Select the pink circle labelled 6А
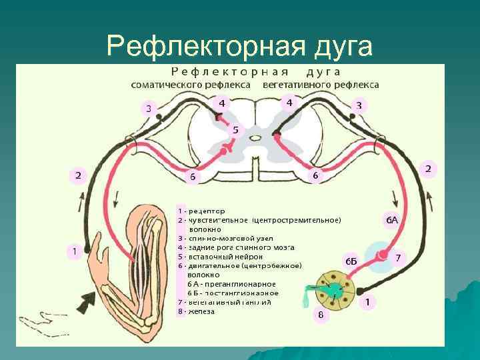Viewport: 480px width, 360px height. tap(391, 219)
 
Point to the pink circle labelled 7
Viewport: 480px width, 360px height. tap(397, 257)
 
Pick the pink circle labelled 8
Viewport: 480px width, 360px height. tap(320, 315)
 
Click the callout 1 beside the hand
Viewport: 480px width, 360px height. tap(75, 251)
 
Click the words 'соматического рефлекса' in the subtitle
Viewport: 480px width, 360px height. tap(191, 85)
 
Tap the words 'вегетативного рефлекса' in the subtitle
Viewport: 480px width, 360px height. tap(321, 85)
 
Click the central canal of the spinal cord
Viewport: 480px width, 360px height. tap(255, 137)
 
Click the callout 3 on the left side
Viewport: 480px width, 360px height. tap(149, 108)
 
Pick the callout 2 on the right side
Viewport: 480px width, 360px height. tap(429, 169)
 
